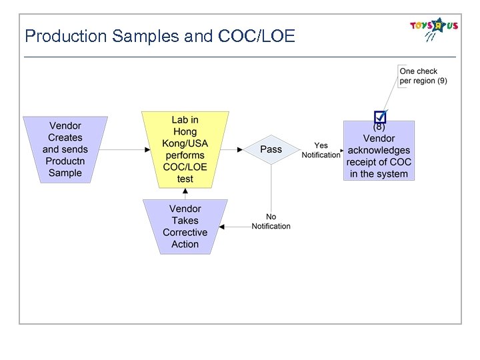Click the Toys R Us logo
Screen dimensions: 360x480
click(x=434, y=29)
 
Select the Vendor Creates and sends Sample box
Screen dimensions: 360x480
click(x=65, y=149)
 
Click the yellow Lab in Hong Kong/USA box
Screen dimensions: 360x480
click(x=185, y=149)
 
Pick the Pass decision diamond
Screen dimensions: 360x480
click(x=271, y=149)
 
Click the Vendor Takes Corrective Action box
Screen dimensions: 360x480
click(x=185, y=227)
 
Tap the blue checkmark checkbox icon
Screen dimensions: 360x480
click(x=380, y=117)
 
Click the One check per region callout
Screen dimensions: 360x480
click(x=423, y=76)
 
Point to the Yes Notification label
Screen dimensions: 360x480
click(x=321, y=150)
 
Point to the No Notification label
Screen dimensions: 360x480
click(x=271, y=221)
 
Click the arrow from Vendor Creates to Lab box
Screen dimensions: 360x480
click(x=127, y=149)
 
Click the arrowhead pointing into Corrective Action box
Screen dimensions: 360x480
click(x=223, y=227)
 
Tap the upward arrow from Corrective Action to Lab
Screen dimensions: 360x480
click(x=185, y=194)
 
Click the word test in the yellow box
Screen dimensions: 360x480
click(x=185, y=179)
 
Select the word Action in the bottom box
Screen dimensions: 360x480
click(x=185, y=244)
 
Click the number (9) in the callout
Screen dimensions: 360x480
click(x=441, y=81)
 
